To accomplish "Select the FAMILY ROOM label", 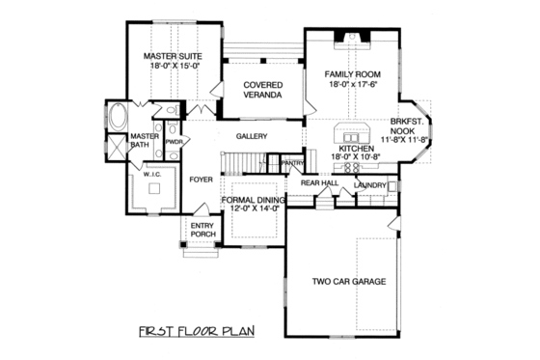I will tap(352, 74).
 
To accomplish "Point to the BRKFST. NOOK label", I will tap(406, 127).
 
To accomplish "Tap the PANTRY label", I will tap(292, 164).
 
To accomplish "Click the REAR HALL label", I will tap(319, 181).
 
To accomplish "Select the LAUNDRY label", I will tap(370, 184).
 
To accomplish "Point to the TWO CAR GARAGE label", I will tap(348, 282).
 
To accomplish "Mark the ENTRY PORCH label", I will tap(202, 232).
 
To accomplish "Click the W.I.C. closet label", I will tap(152, 175).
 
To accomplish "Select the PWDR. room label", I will tap(175, 142).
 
